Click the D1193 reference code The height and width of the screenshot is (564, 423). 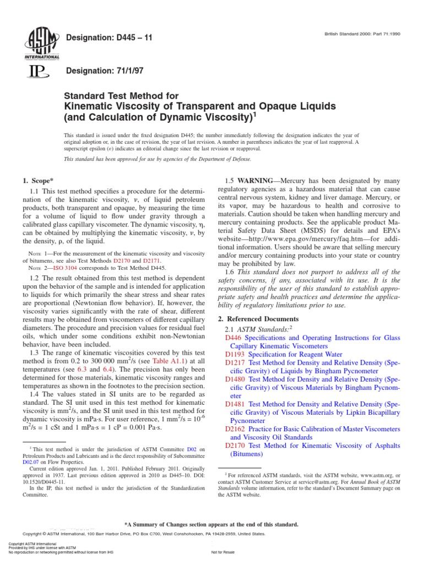point(236,355)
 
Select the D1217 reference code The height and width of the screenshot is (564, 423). point(236,364)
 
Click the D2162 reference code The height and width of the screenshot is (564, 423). point(236,428)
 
